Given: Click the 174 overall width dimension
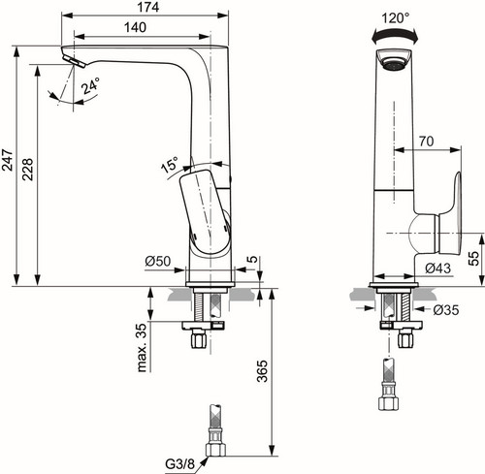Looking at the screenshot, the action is click(x=148, y=7).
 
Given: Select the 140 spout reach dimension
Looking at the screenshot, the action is click(x=136, y=27).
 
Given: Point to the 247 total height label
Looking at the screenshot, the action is click(x=8, y=160).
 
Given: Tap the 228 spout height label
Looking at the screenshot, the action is click(x=27, y=169).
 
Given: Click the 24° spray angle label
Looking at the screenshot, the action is click(x=90, y=86).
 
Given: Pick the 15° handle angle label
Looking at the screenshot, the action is click(x=170, y=165).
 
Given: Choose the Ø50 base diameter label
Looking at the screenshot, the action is click(x=158, y=261).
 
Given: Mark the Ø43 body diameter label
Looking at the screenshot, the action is click(x=437, y=268).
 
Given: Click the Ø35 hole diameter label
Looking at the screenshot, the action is click(x=446, y=310).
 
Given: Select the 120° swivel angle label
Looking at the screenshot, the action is click(x=395, y=17).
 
